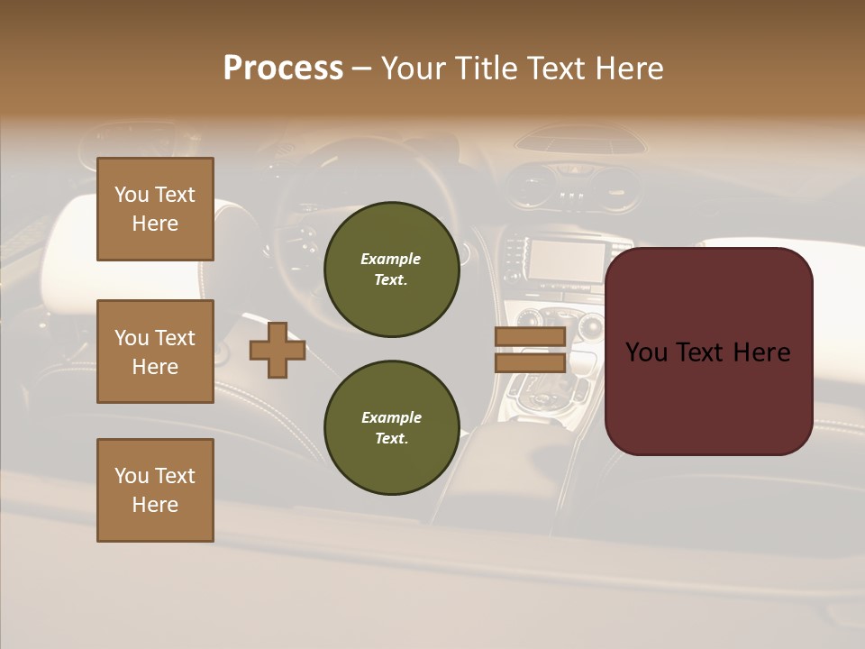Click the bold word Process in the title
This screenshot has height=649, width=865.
coord(283,69)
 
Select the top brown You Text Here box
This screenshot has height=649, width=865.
coord(155,209)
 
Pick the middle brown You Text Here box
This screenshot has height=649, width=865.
coord(155,352)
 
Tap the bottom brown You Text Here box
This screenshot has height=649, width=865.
coord(155,490)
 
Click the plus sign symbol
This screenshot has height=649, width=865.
coord(278,351)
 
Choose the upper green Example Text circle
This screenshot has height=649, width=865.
coord(391,270)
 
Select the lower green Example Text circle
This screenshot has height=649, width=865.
coord(391,428)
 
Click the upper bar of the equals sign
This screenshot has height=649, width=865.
coord(530,337)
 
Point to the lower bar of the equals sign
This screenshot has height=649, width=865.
coord(530,362)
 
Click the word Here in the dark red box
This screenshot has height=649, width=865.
coord(761,352)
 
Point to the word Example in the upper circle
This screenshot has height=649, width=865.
coord(391,259)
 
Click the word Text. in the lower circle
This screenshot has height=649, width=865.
coord(391,439)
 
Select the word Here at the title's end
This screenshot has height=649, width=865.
coord(629,69)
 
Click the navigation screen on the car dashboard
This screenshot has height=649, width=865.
coord(566,261)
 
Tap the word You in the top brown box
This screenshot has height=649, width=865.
coord(132,195)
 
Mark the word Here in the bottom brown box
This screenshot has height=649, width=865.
coord(155,505)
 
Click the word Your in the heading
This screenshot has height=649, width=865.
coord(413,69)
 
